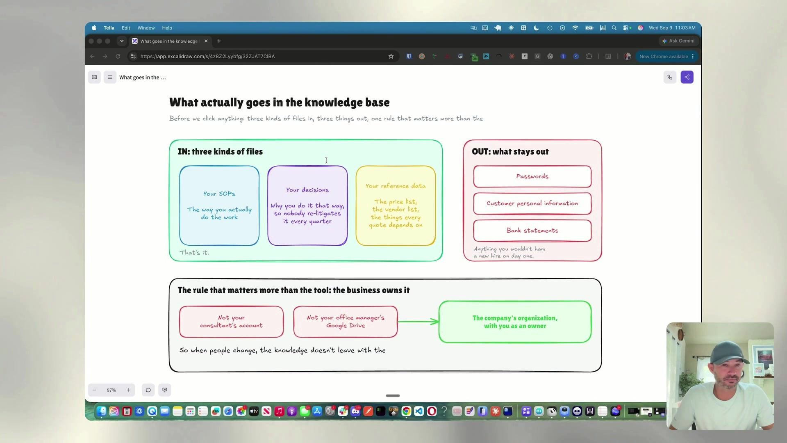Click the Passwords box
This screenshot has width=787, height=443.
coord(532,176)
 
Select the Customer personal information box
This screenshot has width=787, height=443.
coord(532,203)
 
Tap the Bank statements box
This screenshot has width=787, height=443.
coord(532,231)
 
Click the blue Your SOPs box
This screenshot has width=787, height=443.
coord(219,206)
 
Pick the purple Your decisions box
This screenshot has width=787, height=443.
coord(307,206)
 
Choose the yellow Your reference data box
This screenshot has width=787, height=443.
coord(396,206)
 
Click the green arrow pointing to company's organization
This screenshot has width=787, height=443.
coord(418,322)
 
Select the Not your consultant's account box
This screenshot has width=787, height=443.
coord(231,322)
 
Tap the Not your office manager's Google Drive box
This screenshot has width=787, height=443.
coord(346,322)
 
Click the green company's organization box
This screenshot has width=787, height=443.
coord(515,322)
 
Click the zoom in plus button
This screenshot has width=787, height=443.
coord(128,390)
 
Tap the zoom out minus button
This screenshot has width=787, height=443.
coord(94,390)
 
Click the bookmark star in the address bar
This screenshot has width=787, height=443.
coord(391,57)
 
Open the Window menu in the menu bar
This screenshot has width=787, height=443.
coord(146,28)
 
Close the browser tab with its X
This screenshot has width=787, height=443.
coord(206,41)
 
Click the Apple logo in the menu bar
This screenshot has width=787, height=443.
coord(94,28)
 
